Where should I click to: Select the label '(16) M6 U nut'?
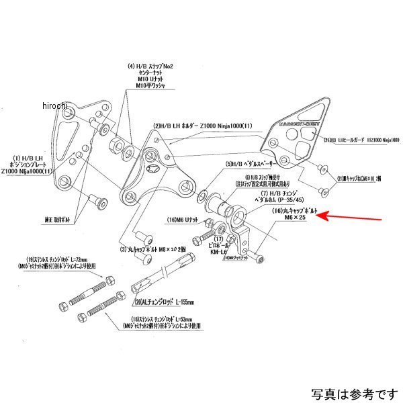tap(179, 220)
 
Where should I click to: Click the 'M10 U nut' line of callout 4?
tap(150, 80)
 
